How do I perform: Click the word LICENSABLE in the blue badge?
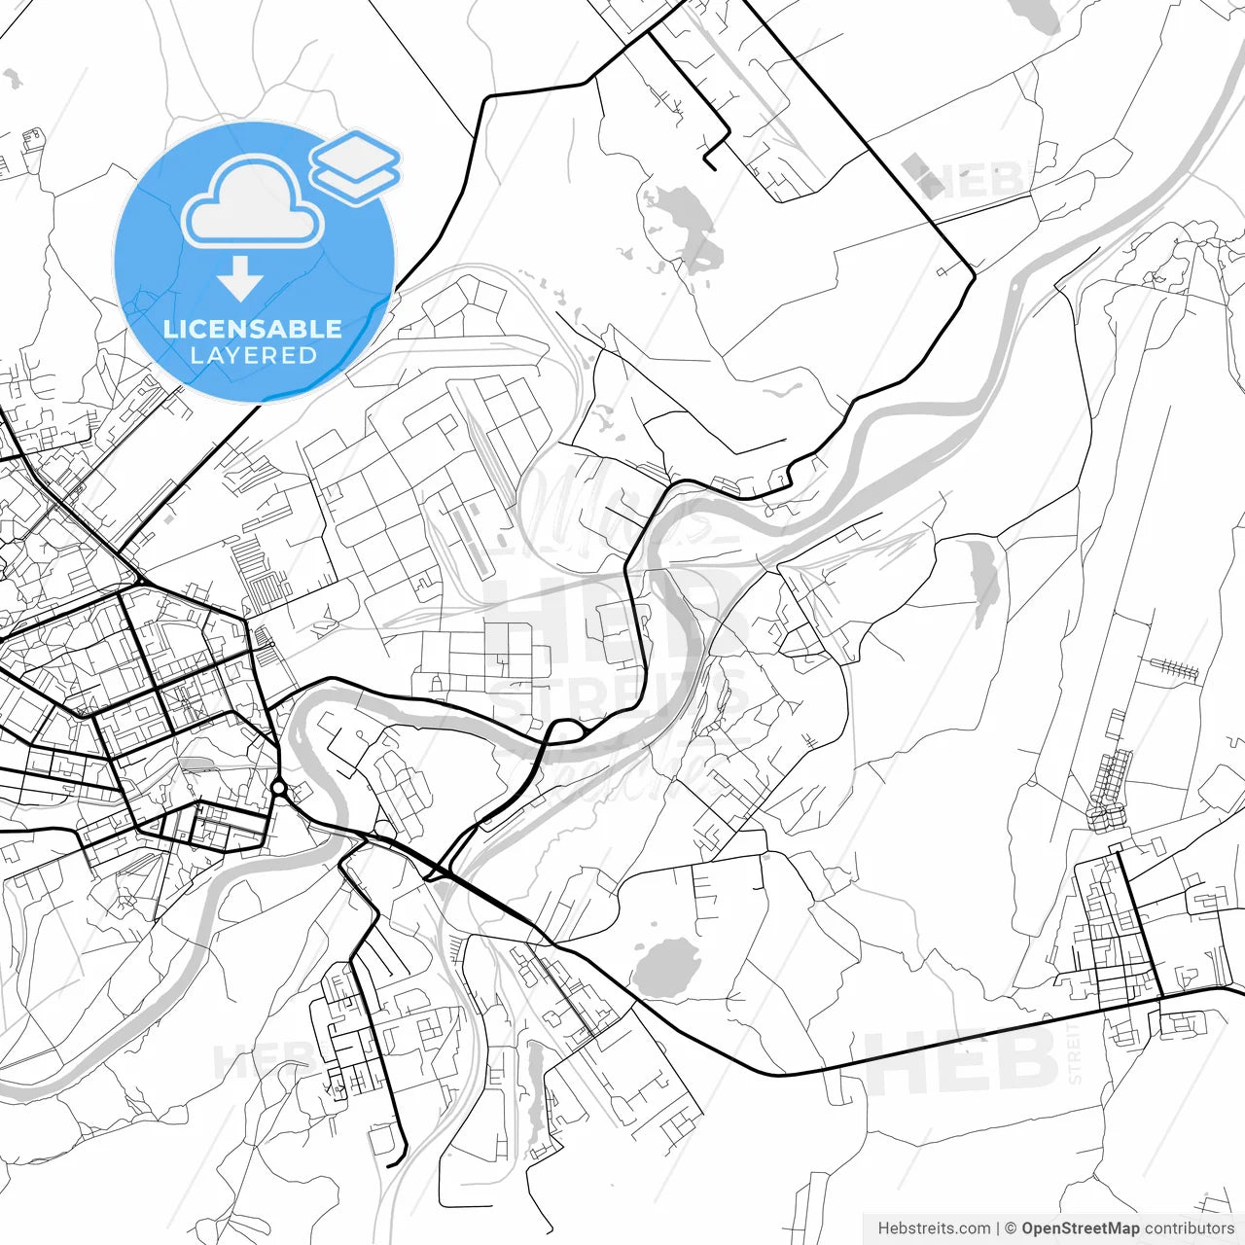pyautogui.click(x=253, y=329)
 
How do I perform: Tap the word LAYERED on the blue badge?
pyautogui.click(x=253, y=356)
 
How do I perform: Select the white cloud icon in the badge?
pyautogui.click(x=253, y=201)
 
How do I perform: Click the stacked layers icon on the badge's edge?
pyautogui.click(x=356, y=166)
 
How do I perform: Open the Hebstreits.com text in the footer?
pyautogui.click(x=934, y=1228)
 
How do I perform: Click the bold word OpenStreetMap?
pyautogui.click(x=1080, y=1228)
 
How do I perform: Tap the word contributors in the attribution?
pyautogui.click(x=1189, y=1228)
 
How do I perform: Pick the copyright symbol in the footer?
pyautogui.click(x=1011, y=1228)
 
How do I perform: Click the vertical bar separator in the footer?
pyautogui.click(x=998, y=1228)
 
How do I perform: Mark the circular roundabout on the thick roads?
pyautogui.click(x=279, y=787)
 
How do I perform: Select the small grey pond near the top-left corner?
pyautogui.click(x=13, y=79)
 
